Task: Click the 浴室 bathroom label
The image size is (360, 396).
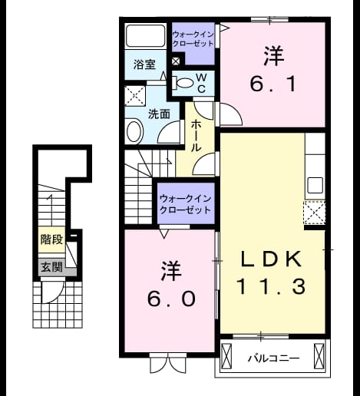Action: [144, 64]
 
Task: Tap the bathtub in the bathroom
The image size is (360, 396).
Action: [146, 35]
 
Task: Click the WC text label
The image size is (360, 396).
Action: [201, 83]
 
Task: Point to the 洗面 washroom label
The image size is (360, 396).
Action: [160, 114]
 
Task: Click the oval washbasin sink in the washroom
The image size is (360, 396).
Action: [134, 131]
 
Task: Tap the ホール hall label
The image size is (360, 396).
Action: [196, 136]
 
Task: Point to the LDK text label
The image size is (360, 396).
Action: [270, 259]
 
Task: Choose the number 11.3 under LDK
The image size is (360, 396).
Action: [272, 286]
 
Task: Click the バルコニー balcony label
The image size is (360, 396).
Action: [273, 358]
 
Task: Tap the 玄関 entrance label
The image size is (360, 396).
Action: [52, 267]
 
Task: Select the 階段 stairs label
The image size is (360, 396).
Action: [51, 239]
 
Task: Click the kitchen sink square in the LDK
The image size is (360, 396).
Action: [315, 185]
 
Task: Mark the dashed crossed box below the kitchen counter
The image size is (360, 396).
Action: [315, 213]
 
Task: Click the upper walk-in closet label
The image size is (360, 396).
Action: [193, 39]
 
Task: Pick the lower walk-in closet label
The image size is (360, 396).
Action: [185, 205]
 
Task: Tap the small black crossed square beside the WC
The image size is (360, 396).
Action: [176, 61]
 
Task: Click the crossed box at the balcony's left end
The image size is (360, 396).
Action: [226, 356]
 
